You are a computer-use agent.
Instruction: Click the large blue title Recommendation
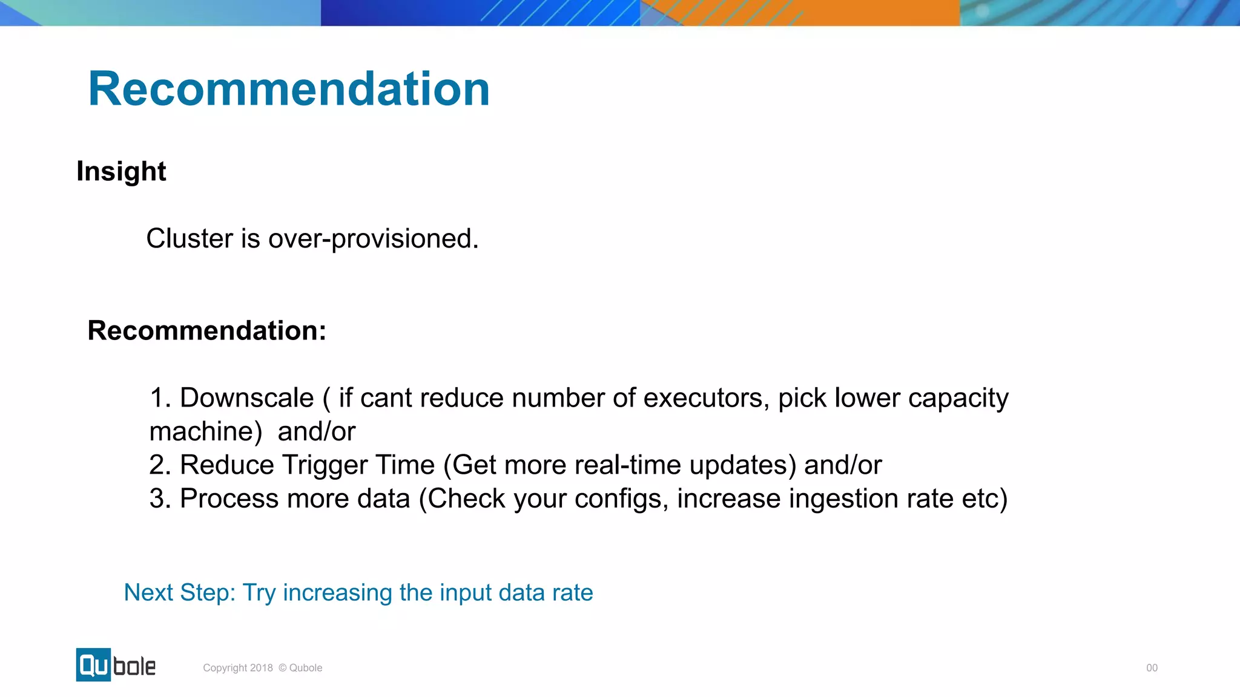[289, 89]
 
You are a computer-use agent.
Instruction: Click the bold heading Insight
[121, 171]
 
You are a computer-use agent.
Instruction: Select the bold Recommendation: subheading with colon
[207, 331]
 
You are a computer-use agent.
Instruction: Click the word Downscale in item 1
[246, 398]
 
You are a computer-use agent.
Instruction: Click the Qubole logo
[116, 665]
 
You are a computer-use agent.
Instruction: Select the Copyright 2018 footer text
[262, 668]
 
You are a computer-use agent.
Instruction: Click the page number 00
[1152, 668]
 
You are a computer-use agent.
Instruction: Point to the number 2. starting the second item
[160, 465]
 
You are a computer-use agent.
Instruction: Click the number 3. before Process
[160, 499]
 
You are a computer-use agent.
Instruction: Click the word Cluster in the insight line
[190, 239]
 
